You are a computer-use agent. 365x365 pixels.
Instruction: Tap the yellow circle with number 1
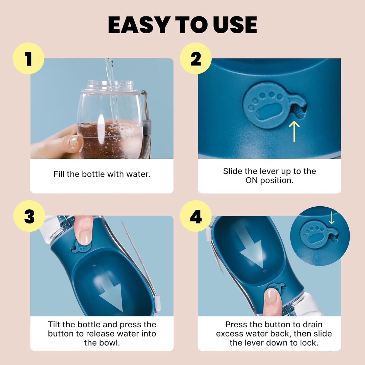point(28,59)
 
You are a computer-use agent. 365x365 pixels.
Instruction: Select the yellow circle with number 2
point(196,59)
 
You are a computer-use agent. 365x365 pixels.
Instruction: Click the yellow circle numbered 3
point(29,216)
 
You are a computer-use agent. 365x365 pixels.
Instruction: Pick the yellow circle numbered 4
point(196,216)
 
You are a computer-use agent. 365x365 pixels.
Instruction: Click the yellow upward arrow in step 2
point(294,131)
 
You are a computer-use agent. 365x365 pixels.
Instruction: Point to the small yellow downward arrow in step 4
point(332,218)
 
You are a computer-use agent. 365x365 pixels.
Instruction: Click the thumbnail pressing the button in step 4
point(272,296)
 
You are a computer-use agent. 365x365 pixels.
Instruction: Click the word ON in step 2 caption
point(252,180)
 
